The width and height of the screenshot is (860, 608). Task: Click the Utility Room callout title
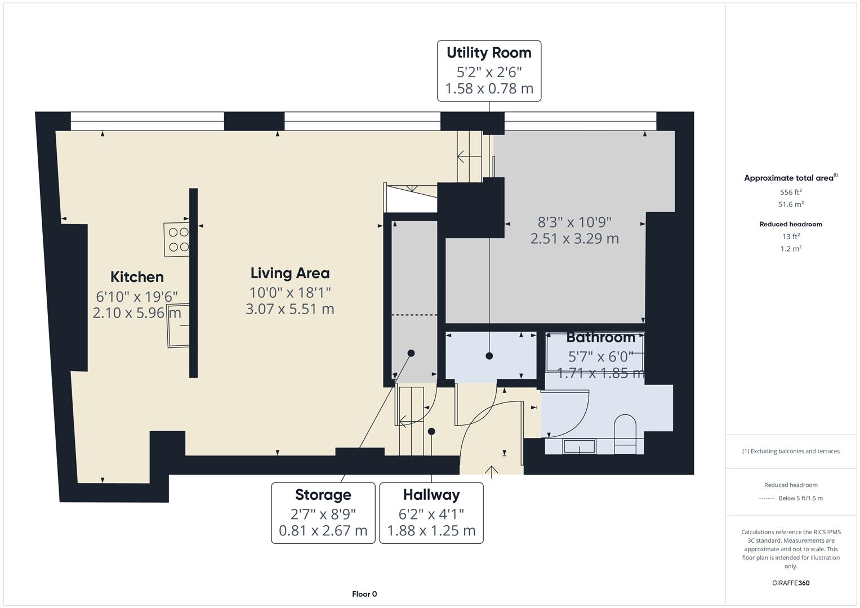tap(489, 53)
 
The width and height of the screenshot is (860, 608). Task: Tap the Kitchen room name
tap(137, 277)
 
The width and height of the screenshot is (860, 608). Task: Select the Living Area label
tap(290, 273)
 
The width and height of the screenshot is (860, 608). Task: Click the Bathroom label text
tap(600, 337)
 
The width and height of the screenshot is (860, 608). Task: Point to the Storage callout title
tap(323, 495)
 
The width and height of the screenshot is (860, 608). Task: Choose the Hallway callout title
tap(431, 495)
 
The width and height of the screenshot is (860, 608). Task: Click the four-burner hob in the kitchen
tap(177, 239)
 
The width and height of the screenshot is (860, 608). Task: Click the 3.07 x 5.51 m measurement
tap(290, 309)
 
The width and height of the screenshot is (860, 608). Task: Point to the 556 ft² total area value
tap(791, 192)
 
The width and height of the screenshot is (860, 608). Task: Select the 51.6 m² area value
tap(791, 204)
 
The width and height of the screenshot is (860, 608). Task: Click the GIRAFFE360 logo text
tap(791, 583)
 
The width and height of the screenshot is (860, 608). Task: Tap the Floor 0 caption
tap(364, 594)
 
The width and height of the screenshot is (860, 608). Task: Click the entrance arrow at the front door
tap(492, 471)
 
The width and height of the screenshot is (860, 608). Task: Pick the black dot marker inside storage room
tap(411, 354)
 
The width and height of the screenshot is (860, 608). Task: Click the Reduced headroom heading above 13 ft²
tap(791, 224)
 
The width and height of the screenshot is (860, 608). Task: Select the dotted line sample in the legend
tap(767, 498)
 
